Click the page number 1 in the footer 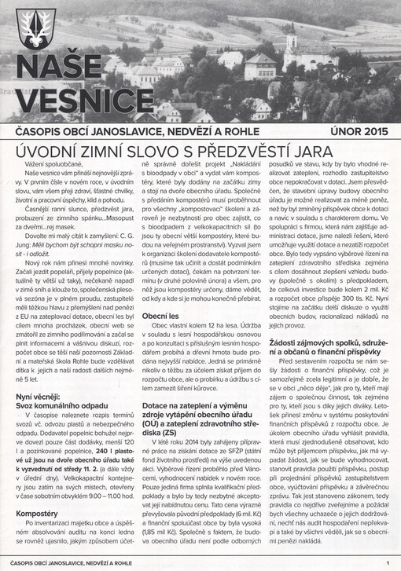387,562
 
